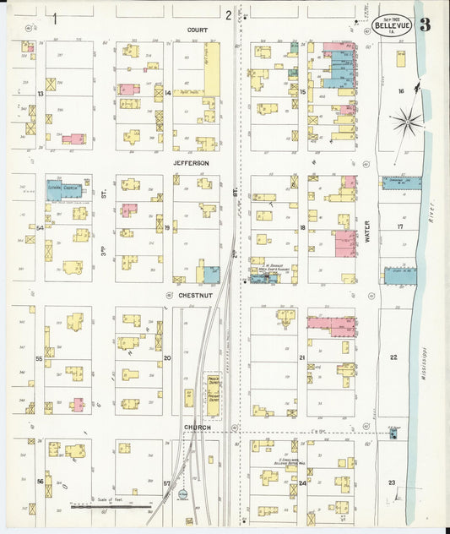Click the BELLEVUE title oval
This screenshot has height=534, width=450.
pyautogui.click(x=393, y=25)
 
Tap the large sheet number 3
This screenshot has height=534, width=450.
pyautogui.click(x=425, y=24)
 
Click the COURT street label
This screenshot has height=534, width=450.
pyautogui.click(x=197, y=30)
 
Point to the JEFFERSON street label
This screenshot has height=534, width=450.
pyautogui.click(x=191, y=162)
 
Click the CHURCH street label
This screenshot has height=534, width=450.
pyautogui.click(x=196, y=427)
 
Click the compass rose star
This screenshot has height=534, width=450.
pyautogui.click(x=407, y=122)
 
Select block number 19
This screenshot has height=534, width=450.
pyautogui.click(x=167, y=228)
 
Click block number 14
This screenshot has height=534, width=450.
pyautogui.click(x=167, y=93)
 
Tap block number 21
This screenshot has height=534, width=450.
pyautogui.click(x=301, y=358)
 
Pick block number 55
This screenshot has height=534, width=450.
pyautogui.click(x=39, y=359)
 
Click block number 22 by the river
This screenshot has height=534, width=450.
pyautogui.click(x=393, y=357)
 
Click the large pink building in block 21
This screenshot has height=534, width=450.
pyautogui.click(x=330, y=323)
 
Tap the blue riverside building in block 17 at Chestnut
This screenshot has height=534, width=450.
pyautogui.click(x=402, y=275)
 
